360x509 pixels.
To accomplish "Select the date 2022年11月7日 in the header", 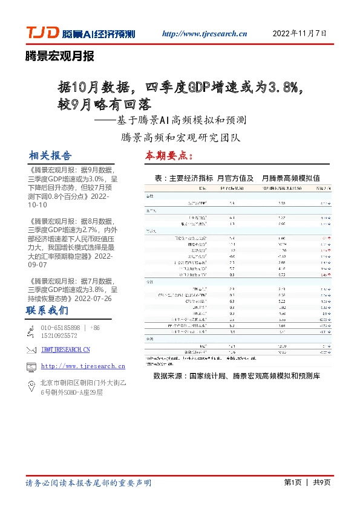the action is [x=300, y=33].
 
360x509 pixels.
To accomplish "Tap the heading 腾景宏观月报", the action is [x=59, y=57].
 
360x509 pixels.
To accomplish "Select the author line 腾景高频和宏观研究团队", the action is [x=181, y=137].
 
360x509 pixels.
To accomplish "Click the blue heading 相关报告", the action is [x=50, y=155].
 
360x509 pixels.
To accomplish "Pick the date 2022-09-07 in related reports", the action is [x=40, y=264].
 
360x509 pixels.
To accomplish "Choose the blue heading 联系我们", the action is [x=47, y=311].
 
